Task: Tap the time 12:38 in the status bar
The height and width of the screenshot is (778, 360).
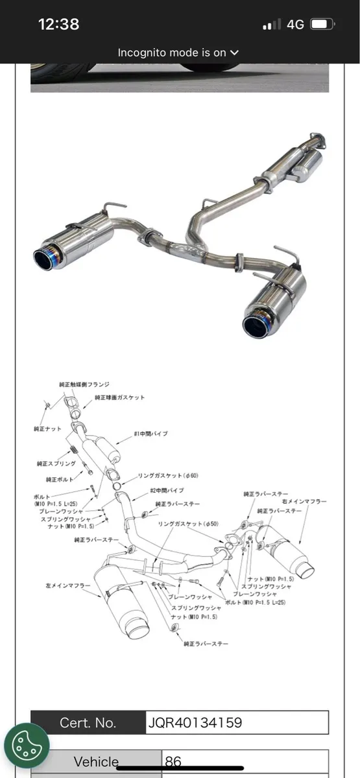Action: coord(58,25)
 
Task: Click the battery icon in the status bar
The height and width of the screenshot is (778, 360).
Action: coord(322,25)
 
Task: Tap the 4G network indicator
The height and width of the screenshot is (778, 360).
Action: coord(295,25)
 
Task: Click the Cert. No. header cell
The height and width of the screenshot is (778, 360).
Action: coord(88,722)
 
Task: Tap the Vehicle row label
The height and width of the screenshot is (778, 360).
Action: coord(96,762)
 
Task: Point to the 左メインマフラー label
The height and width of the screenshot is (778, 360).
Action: coord(67,585)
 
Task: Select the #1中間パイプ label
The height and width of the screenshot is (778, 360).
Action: coord(150,434)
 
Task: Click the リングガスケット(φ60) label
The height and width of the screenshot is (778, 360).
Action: coord(168,476)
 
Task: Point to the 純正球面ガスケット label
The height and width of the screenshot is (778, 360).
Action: coord(120,397)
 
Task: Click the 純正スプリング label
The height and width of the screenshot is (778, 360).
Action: coord(56,464)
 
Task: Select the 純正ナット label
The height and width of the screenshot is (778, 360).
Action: coord(48,429)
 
